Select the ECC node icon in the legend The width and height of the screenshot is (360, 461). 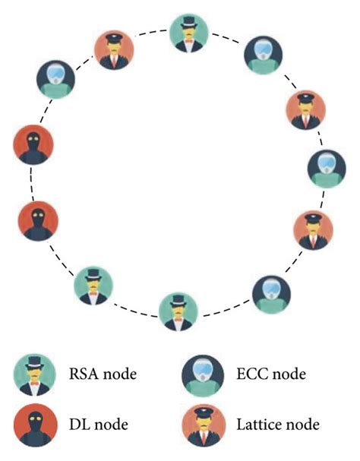coord(203,375)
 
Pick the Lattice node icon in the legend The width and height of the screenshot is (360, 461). coord(203,423)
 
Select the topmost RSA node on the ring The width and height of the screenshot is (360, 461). coord(185,34)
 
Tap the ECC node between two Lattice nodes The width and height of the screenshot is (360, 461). coord(324,169)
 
